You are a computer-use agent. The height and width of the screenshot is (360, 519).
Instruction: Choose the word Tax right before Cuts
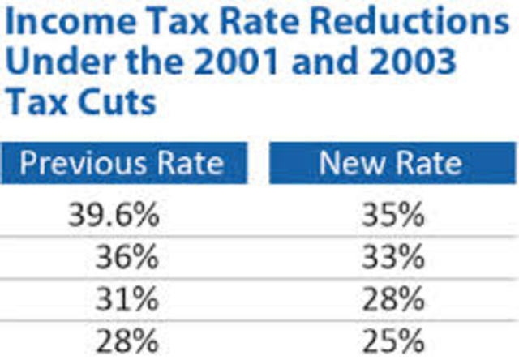point(39,104)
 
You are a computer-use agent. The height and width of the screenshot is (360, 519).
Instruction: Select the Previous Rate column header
point(122,162)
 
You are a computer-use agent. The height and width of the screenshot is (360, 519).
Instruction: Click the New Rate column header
point(391,162)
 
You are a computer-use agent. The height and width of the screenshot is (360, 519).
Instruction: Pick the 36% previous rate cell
point(126,258)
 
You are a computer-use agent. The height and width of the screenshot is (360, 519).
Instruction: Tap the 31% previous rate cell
point(126,299)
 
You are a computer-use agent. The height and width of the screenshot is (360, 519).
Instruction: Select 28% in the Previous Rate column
point(126,340)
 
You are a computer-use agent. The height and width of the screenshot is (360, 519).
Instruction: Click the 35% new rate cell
point(393,216)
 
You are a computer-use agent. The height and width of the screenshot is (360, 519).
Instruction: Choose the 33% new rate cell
point(393,258)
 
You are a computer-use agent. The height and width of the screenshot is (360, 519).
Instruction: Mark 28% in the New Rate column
point(393,299)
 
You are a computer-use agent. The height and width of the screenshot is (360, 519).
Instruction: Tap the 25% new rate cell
point(393,340)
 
